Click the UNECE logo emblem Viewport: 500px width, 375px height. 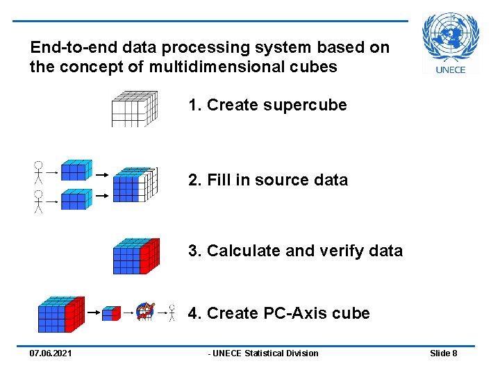[451, 37]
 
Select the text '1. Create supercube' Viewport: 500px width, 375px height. [267, 105]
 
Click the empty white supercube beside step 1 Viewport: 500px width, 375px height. [134, 108]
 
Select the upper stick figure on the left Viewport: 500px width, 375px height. [39, 172]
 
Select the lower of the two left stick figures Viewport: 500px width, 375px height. [39, 201]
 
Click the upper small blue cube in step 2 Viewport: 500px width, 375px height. [76, 170]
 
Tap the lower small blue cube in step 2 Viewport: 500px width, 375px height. [76, 199]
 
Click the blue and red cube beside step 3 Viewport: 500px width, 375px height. [135, 256]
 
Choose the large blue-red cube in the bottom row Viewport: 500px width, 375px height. [60, 315]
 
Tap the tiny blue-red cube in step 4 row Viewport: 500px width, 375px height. [111, 313]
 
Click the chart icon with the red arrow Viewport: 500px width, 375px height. [144, 311]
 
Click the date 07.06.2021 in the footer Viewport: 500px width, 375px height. [50, 353]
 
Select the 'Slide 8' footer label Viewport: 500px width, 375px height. [443, 353]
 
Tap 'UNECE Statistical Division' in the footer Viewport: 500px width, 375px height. [264, 353]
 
